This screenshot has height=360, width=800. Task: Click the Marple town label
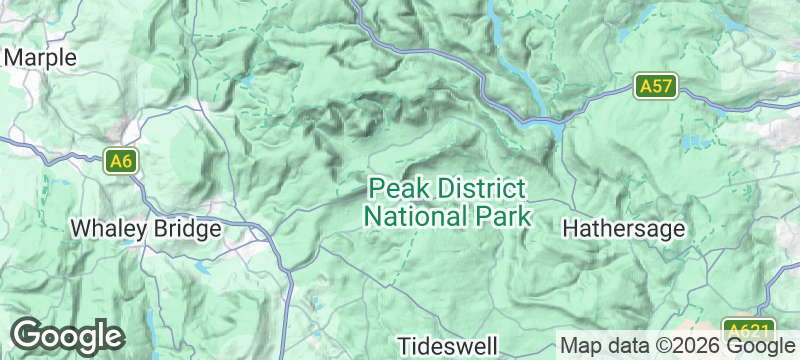click(40, 58)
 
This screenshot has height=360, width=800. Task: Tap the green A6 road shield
click(121, 160)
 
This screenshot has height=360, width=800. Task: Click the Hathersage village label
click(624, 229)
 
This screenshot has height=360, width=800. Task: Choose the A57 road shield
click(656, 87)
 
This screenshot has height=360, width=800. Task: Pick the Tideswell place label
click(447, 346)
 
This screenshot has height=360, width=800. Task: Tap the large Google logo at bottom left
click(67, 335)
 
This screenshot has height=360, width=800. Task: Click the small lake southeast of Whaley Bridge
click(204, 268)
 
